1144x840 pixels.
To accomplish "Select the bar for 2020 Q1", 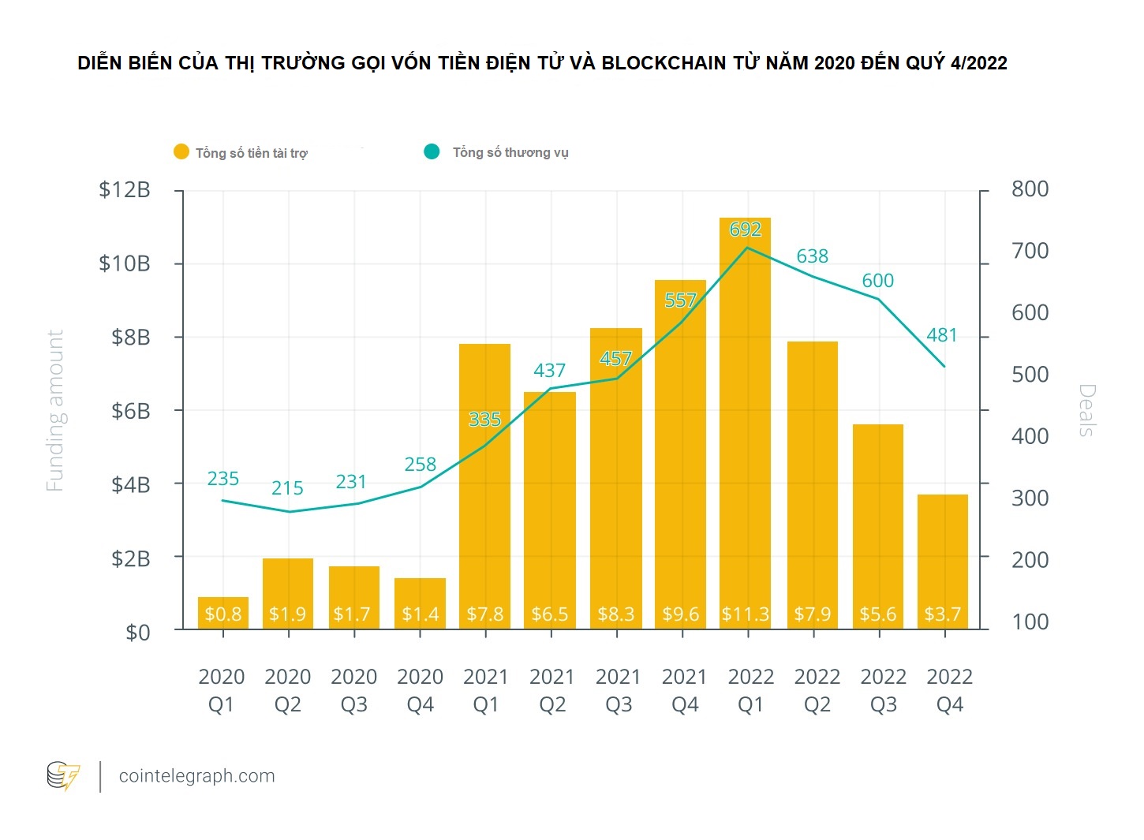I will pyautogui.click(x=222, y=613).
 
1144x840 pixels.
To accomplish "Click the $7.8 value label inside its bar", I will pyautogui.click(x=484, y=614).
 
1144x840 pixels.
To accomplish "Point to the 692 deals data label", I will pyautogui.click(x=745, y=230).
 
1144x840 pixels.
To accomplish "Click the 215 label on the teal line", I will pyautogui.click(x=287, y=488).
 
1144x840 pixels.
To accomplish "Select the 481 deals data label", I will pyautogui.click(x=941, y=335).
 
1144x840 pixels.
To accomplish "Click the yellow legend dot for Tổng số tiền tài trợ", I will pyautogui.click(x=181, y=152).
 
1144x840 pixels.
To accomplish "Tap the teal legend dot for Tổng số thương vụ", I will pyautogui.click(x=432, y=151).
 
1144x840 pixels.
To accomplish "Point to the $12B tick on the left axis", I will pyautogui.click(x=125, y=190).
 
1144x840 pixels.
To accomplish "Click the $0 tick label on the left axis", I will pyautogui.click(x=137, y=633).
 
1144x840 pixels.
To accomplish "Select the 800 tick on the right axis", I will pyautogui.click(x=1030, y=189).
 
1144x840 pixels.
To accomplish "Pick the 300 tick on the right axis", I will pyautogui.click(x=1030, y=498).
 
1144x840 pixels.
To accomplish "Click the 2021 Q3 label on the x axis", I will pyautogui.click(x=618, y=690).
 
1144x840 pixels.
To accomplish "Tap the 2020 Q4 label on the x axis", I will pyautogui.click(x=420, y=690).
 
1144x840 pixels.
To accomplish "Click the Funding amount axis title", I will pyautogui.click(x=54, y=411).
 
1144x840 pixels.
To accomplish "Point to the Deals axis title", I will pyautogui.click(x=1087, y=410).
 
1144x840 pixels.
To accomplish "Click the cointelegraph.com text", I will pyautogui.click(x=196, y=776).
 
